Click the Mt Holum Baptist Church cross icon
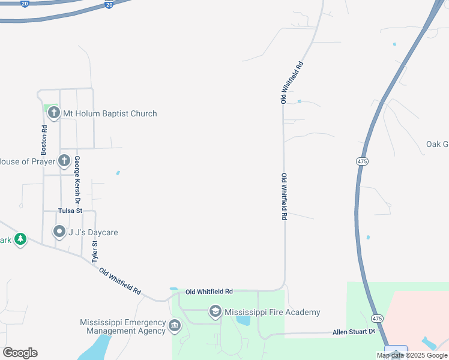point(53,113)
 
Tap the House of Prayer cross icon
point(64,160)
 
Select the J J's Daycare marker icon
point(59,231)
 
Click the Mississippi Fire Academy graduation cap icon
point(215,311)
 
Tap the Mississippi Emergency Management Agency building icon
point(174,326)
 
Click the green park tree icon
point(20,239)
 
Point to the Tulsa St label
point(70,211)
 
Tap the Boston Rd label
point(44,140)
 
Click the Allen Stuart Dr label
point(354,332)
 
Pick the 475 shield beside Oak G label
point(362,161)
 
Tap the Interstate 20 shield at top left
point(24,4)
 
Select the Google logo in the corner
point(20,353)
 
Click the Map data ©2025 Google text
point(412,355)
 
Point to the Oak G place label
point(437,144)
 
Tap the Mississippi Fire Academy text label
point(272,312)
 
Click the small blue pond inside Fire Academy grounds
point(243,320)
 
